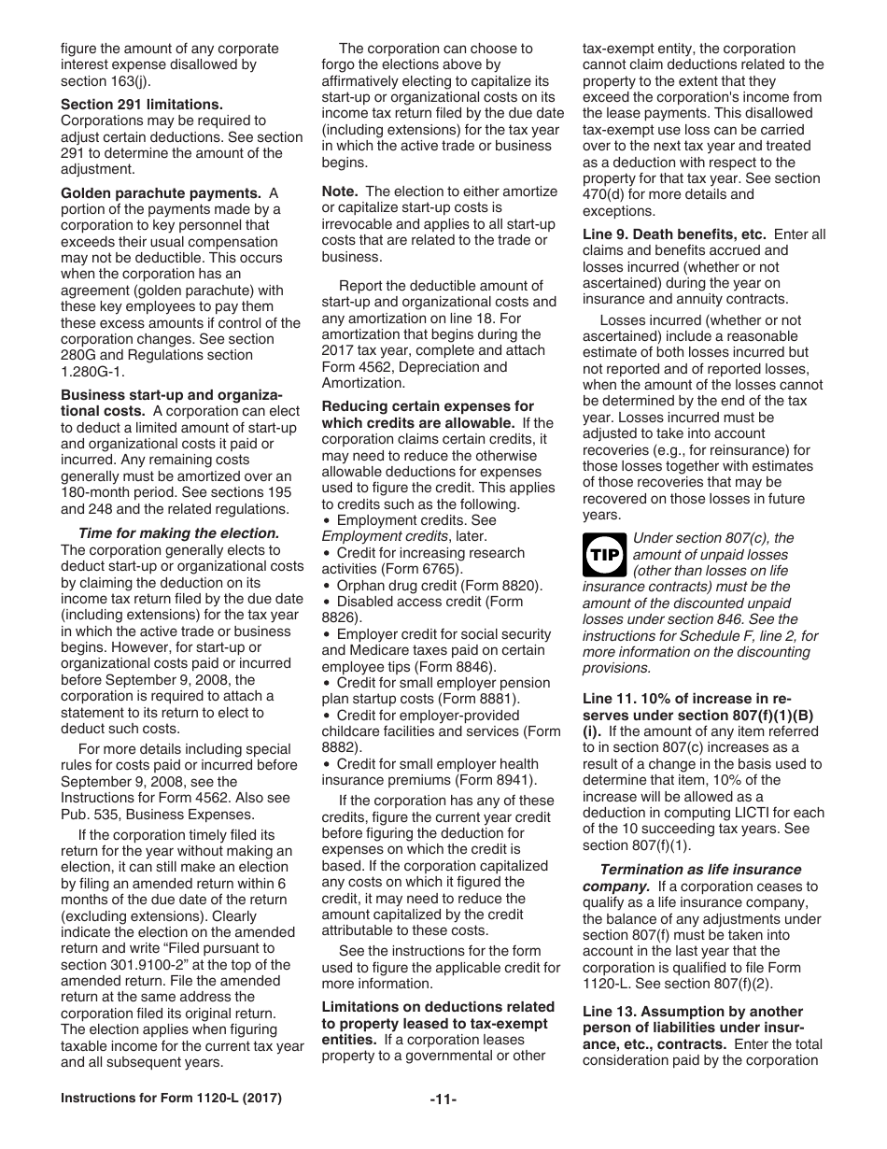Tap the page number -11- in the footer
pyautogui.click(x=443, y=1099)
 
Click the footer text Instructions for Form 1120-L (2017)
pyautogui.click(x=171, y=1099)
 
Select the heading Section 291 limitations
pyautogui.click(x=142, y=105)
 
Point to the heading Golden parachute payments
pyautogui.click(x=161, y=193)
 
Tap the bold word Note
pyautogui.click(x=340, y=191)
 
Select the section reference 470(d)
pyautogui.click(x=610, y=194)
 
